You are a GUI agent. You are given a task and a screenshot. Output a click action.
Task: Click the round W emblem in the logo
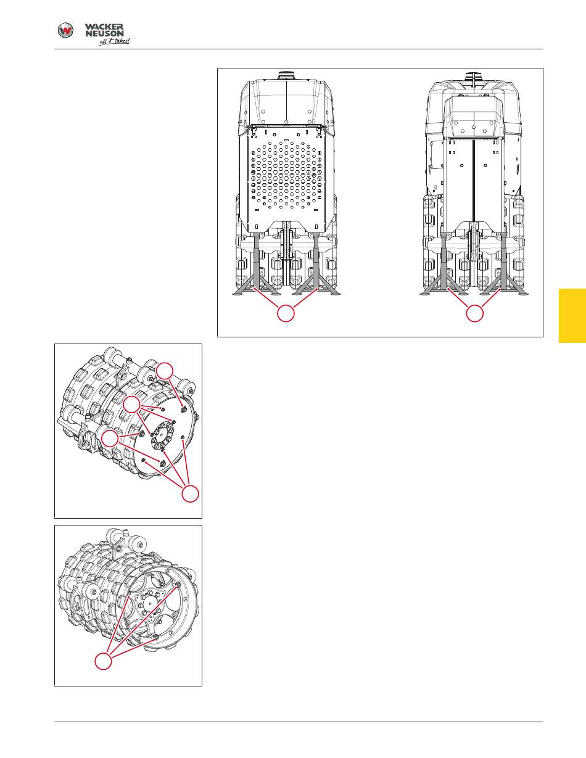[x=65, y=30]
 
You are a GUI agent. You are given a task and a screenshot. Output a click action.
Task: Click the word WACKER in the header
[x=104, y=27]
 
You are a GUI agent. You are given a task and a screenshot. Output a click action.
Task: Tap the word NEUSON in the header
[x=104, y=33]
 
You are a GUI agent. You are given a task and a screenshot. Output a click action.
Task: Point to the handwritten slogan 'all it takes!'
[x=114, y=41]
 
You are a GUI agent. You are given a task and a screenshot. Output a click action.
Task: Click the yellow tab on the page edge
[x=572, y=316]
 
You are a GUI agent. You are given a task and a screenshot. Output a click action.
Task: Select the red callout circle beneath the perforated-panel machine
[x=286, y=313]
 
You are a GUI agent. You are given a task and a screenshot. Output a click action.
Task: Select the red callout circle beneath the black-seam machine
[x=475, y=313]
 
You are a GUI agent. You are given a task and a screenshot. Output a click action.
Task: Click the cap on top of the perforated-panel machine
[x=286, y=75]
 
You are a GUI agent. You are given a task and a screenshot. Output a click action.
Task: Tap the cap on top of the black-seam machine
[x=474, y=76]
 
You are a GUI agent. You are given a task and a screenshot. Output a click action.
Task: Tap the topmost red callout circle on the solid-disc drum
[x=165, y=371]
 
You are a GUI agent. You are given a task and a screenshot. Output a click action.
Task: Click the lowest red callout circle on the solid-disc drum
[x=191, y=493]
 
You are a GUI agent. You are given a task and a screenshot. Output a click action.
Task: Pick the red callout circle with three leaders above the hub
[x=132, y=405]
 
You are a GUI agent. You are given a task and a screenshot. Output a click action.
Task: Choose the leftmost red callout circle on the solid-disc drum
[x=110, y=439]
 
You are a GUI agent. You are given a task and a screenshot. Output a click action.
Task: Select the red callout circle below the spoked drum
[x=104, y=661]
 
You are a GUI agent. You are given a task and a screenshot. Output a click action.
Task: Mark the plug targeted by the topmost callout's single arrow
[x=184, y=408]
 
